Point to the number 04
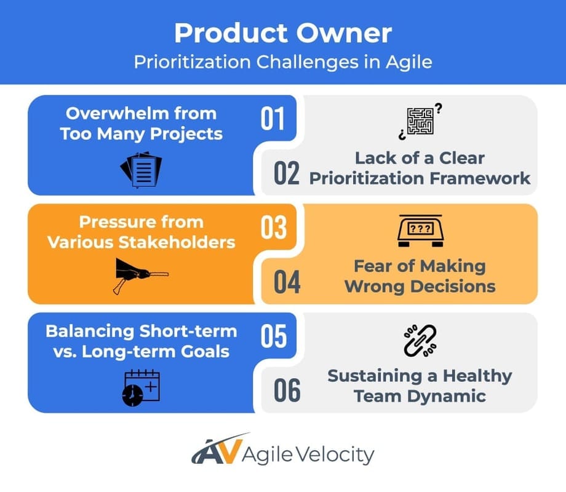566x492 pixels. pyautogui.click(x=287, y=282)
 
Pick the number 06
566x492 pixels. pyautogui.click(x=287, y=391)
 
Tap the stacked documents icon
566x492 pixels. pyautogui.click(x=141, y=170)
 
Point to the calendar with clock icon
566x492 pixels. pyautogui.click(x=141, y=387)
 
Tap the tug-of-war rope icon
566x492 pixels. pyautogui.click(x=141, y=275)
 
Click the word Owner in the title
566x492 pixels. pyautogui.click(x=346, y=33)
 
